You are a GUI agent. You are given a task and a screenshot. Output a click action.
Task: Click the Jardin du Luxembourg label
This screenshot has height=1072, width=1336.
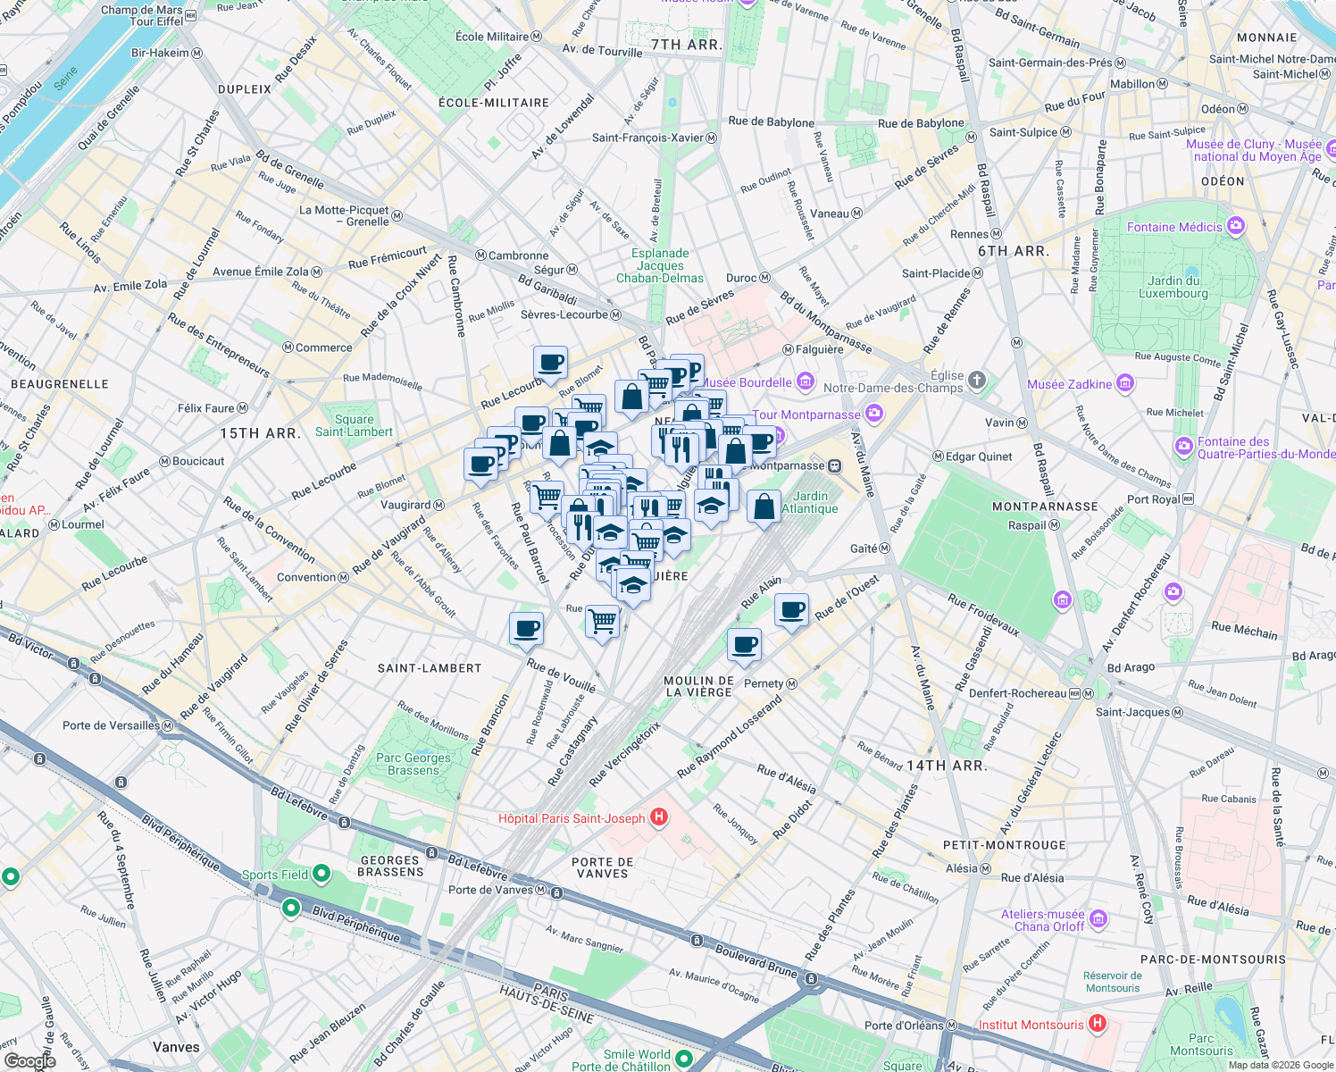pyautogui.click(x=1173, y=287)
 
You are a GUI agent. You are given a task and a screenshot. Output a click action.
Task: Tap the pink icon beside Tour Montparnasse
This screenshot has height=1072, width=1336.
pyautogui.click(x=874, y=413)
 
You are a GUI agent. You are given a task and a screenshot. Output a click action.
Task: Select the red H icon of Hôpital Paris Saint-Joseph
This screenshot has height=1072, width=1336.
pyautogui.click(x=659, y=817)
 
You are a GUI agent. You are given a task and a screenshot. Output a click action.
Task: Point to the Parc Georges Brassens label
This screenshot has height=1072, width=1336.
pyautogui.click(x=413, y=764)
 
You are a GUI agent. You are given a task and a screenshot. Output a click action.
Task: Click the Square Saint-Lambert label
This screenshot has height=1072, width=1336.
pyautogui.click(x=354, y=425)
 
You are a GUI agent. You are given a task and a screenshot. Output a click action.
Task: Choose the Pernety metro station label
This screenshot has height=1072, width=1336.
pyautogui.click(x=764, y=683)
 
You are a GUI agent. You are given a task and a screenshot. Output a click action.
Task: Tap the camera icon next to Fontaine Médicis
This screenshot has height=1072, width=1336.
pyautogui.click(x=1236, y=226)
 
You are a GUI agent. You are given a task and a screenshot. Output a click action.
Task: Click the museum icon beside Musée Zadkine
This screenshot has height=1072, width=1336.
pyautogui.click(x=1125, y=384)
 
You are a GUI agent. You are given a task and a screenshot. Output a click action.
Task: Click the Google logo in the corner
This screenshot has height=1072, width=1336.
pyautogui.click(x=29, y=1060)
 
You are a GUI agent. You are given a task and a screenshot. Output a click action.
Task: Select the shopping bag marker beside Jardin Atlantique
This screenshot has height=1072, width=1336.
pyautogui.click(x=764, y=507)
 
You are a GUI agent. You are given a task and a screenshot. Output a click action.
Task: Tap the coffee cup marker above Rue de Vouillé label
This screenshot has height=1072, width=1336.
pyautogui.click(x=526, y=629)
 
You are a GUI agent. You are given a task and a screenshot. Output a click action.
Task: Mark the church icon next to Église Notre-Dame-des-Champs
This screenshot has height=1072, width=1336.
pyautogui.click(x=977, y=381)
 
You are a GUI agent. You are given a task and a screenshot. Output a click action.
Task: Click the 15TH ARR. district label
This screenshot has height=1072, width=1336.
pyautogui.click(x=260, y=433)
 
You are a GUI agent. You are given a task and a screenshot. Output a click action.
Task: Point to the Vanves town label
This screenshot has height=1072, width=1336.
pyautogui.click(x=176, y=1047)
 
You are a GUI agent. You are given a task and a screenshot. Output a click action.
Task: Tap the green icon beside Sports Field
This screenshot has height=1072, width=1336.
pyautogui.click(x=321, y=873)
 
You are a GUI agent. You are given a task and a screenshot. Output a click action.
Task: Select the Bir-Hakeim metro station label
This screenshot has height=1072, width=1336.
pyautogui.click(x=161, y=53)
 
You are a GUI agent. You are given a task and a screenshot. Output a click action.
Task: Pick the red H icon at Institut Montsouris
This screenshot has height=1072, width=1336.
pyautogui.click(x=1098, y=1024)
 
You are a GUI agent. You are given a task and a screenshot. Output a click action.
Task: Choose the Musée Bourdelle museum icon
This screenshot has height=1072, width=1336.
pyautogui.click(x=806, y=382)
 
